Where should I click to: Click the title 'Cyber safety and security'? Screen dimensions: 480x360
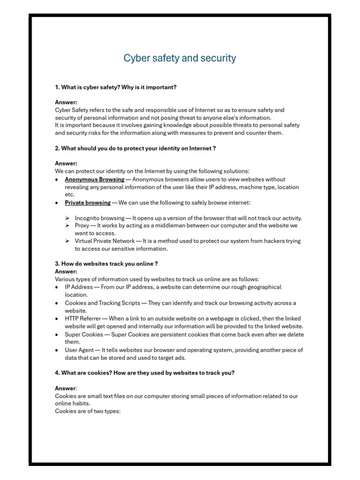180,58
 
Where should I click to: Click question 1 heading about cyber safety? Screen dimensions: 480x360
116,87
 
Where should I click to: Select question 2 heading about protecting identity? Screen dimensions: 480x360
135,148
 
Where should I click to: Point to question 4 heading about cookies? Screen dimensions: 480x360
145,373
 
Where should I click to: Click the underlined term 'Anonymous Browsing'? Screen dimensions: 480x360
94,180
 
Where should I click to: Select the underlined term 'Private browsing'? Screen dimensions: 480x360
88,202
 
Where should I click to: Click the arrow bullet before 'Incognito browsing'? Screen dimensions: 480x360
67,218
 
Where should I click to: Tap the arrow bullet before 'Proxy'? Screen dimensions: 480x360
67,225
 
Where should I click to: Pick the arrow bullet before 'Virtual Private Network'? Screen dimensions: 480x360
67,241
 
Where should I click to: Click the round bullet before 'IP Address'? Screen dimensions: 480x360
57,287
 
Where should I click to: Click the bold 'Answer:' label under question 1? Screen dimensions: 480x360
66,102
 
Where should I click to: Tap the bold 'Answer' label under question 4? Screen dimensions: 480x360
65,388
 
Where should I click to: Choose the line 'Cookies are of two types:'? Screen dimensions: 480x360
88,411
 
